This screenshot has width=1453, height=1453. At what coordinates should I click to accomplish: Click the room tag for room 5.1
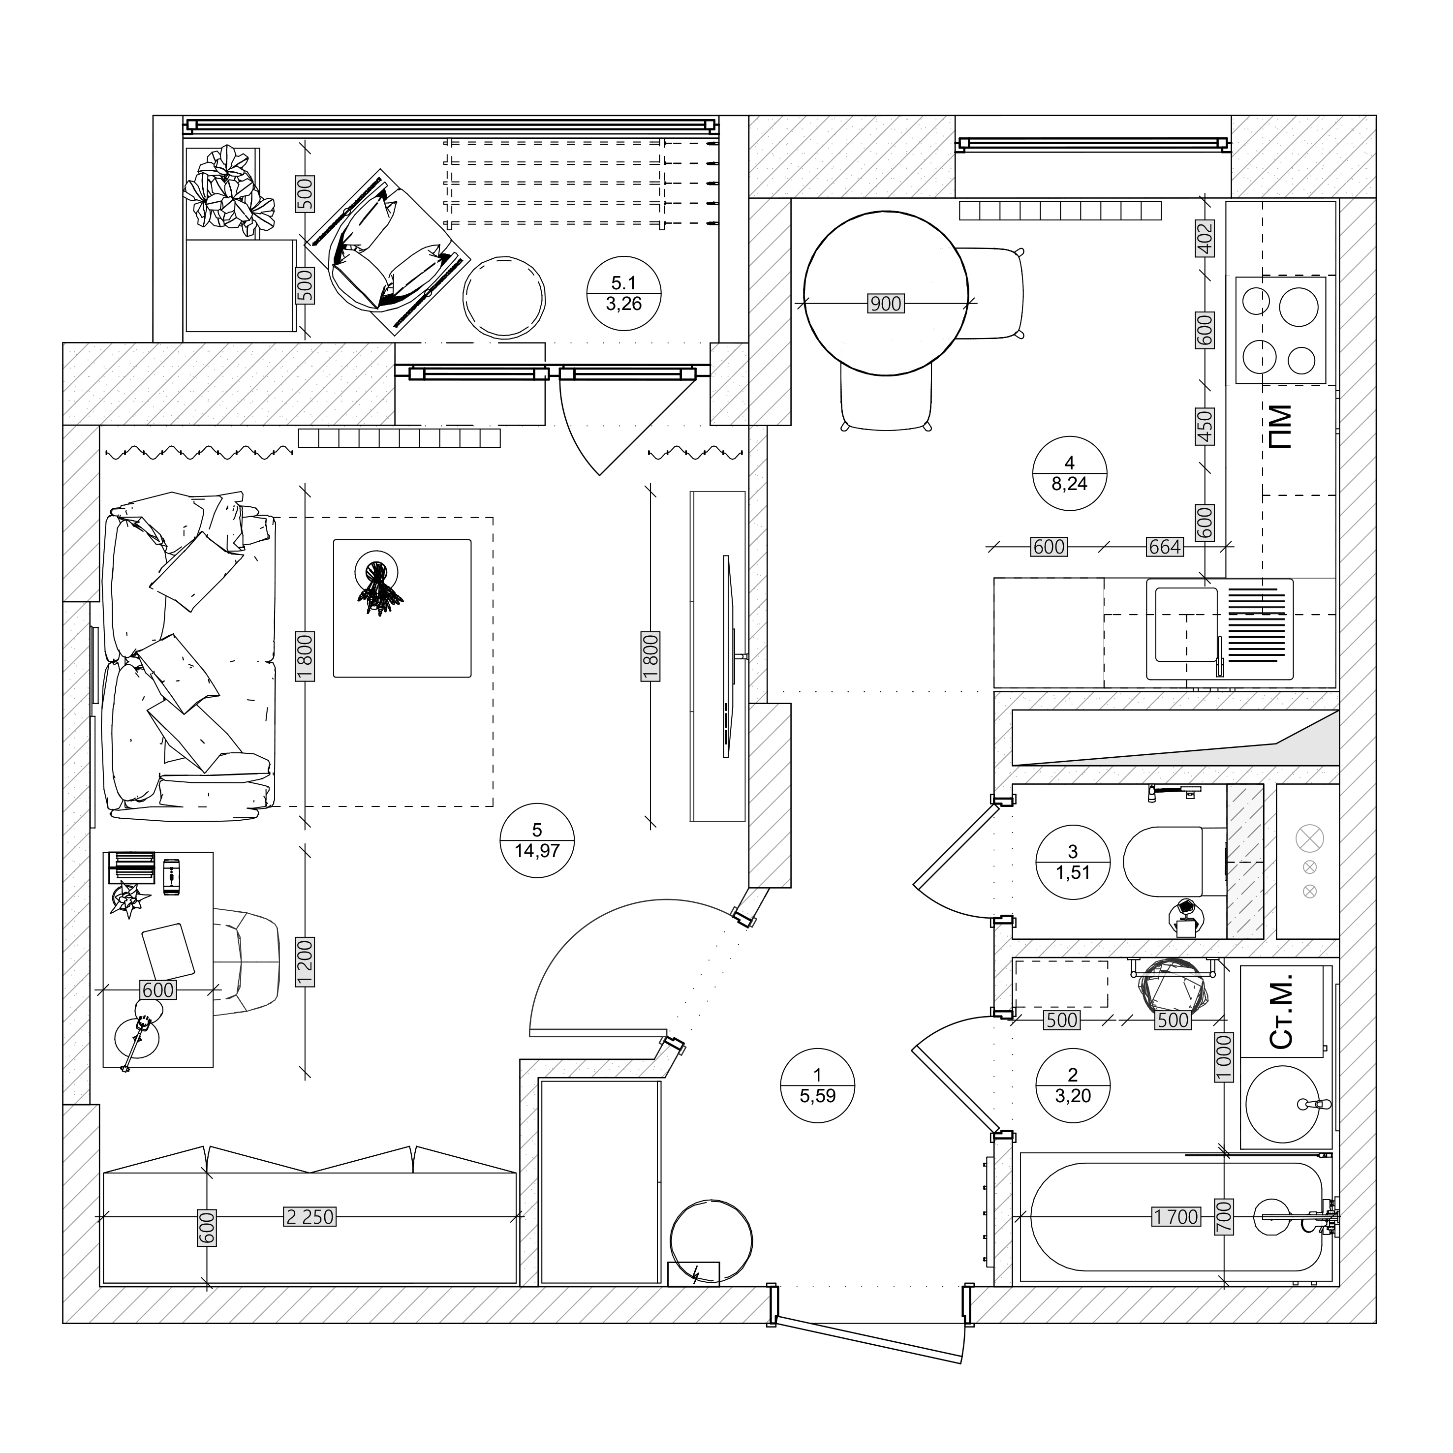point(623,293)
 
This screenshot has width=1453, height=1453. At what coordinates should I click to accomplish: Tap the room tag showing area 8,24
point(1069,474)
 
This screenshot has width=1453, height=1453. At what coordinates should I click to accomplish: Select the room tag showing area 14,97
point(537,841)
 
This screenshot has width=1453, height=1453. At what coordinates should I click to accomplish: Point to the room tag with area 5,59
point(817,1086)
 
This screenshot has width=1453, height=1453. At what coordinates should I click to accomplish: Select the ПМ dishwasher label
point(1279,427)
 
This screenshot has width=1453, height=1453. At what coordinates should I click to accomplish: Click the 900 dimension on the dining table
point(885,304)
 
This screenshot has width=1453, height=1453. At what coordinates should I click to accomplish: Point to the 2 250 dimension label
point(310,1217)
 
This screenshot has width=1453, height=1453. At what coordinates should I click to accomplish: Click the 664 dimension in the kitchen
point(1164,547)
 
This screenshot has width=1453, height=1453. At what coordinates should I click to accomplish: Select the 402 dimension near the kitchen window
point(1205,239)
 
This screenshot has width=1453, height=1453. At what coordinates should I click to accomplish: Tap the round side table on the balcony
point(504,297)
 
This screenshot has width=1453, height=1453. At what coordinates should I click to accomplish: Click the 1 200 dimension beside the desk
point(306,962)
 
